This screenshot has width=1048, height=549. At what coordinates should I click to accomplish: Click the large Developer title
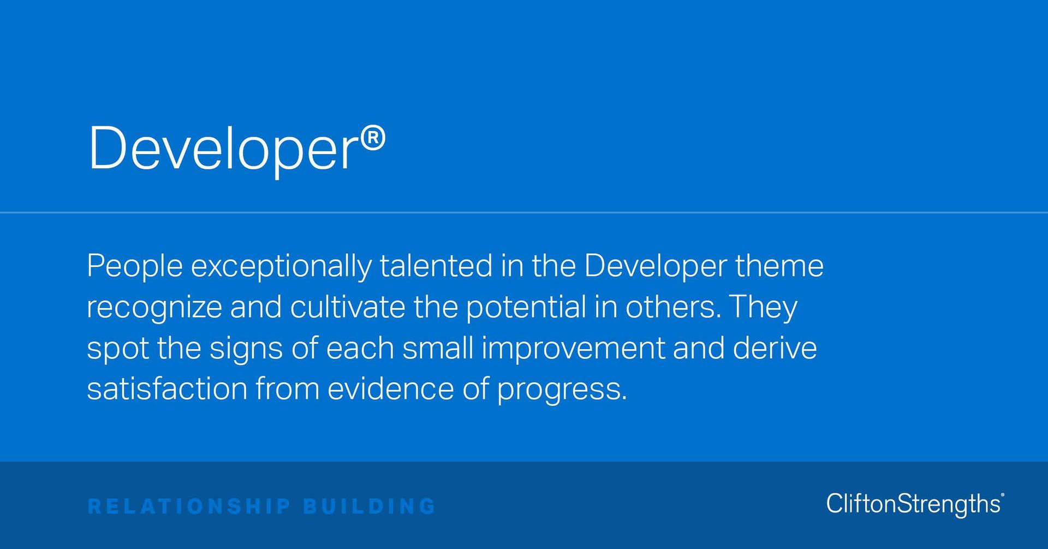pyautogui.click(x=223, y=149)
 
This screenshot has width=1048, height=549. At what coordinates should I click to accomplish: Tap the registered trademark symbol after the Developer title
pyautogui.click(x=373, y=138)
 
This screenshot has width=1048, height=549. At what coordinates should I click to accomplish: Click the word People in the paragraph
pyautogui.click(x=134, y=266)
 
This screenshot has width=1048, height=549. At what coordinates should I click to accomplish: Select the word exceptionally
pyautogui.click(x=281, y=267)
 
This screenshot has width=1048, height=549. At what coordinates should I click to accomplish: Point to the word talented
pyautogui.click(x=436, y=266)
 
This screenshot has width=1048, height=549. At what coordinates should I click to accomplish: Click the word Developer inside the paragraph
pyautogui.click(x=655, y=267)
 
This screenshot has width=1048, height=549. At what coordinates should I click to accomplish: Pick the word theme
pyautogui.click(x=779, y=266)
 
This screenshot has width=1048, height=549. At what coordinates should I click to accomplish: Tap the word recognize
pyautogui.click(x=154, y=308)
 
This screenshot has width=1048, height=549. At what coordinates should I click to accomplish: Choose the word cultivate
pyautogui.click(x=347, y=307)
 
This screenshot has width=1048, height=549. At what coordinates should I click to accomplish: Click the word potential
pyautogui.click(x=526, y=308)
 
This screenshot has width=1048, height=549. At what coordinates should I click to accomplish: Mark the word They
pyautogui.click(x=764, y=308)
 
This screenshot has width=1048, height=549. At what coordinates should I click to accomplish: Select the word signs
pyautogui.click(x=246, y=349)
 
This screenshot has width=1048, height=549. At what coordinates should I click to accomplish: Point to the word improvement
pyautogui.click(x=573, y=349)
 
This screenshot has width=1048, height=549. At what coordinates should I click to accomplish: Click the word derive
pyautogui.click(x=775, y=348)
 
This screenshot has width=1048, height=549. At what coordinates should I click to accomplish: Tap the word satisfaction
pyautogui.click(x=167, y=389)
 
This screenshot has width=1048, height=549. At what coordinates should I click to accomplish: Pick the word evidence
pyautogui.click(x=390, y=389)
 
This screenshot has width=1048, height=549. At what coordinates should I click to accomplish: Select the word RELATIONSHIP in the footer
pyautogui.click(x=189, y=506)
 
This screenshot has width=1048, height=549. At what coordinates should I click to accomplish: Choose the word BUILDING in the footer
pyautogui.click(x=370, y=506)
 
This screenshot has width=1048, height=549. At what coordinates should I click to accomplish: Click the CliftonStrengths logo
pyautogui.click(x=915, y=504)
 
